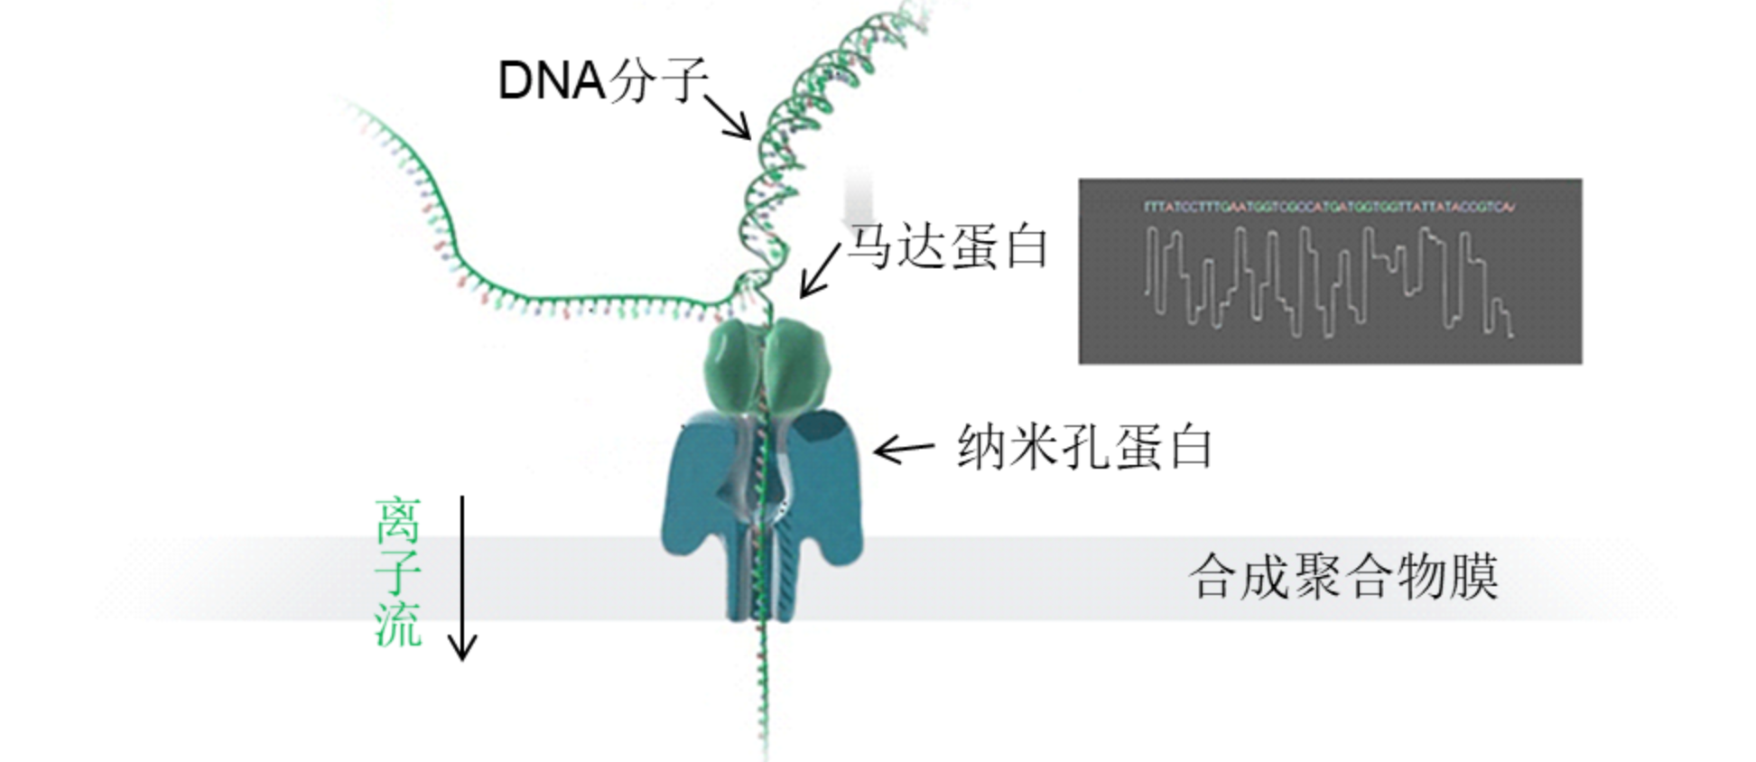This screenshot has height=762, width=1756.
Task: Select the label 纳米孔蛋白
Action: click(1084, 447)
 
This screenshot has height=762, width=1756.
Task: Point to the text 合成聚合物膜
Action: click(1343, 576)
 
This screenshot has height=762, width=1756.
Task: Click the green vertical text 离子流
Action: click(398, 571)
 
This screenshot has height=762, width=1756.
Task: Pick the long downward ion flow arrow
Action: click(463, 578)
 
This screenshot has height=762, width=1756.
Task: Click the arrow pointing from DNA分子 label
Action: click(728, 116)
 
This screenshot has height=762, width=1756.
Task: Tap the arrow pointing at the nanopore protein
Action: click(903, 448)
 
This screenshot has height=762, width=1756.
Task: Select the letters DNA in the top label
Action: click(551, 81)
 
